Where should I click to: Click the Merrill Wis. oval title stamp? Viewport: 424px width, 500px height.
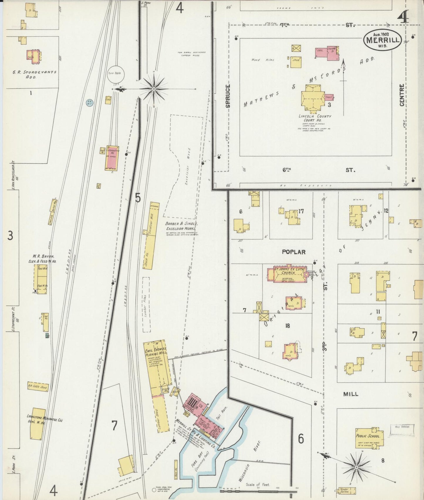click(382, 40)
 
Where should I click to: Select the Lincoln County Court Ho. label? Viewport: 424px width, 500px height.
click(315, 118)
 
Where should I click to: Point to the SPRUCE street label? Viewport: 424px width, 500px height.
click(228, 96)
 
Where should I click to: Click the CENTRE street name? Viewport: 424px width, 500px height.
click(402, 95)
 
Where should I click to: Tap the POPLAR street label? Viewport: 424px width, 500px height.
click(293, 252)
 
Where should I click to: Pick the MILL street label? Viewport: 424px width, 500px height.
click(351, 394)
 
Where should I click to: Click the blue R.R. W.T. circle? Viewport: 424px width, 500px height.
click(89, 103)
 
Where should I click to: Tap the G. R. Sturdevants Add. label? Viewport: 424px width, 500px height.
click(35, 75)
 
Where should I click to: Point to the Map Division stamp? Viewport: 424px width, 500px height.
click(402, 427)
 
